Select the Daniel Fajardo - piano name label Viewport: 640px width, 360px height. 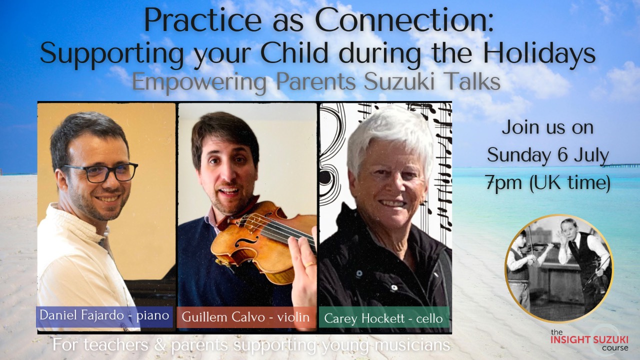(104, 316)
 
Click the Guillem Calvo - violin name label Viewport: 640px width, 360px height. (246, 316)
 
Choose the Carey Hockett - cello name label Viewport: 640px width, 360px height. (383, 318)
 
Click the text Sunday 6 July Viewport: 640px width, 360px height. (548, 155)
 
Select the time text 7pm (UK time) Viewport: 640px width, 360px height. (548, 183)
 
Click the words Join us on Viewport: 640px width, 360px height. (548, 127)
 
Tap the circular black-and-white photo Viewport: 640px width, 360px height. (558, 268)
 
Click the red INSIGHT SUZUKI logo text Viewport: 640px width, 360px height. (588, 339)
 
